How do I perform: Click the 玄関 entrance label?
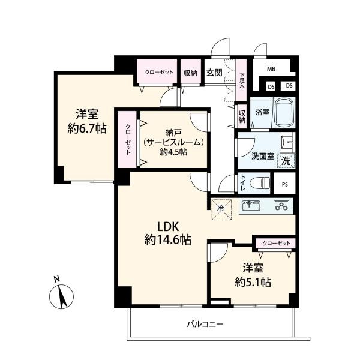[x=214, y=73]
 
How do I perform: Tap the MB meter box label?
[x=271, y=68]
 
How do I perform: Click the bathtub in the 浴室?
[x=284, y=113]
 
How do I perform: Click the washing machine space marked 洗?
[x=286, y=161]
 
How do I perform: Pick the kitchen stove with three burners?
[x=281, y=206]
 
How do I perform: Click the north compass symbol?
[x=61, y=296]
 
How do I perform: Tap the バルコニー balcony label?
[x=205, y=324]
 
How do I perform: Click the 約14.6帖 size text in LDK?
[x=167, y=240]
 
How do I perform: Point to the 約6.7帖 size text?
[x=87, y=128]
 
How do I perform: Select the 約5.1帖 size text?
[x=253, y=282]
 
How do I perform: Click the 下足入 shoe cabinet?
[x=241, y=80]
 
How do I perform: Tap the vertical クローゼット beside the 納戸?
[x=127, y=139]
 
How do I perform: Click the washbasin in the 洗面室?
[x=287, y=143]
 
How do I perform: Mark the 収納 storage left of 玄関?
[x=191, y=73]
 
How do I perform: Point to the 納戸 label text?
[x=173, y=133]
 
